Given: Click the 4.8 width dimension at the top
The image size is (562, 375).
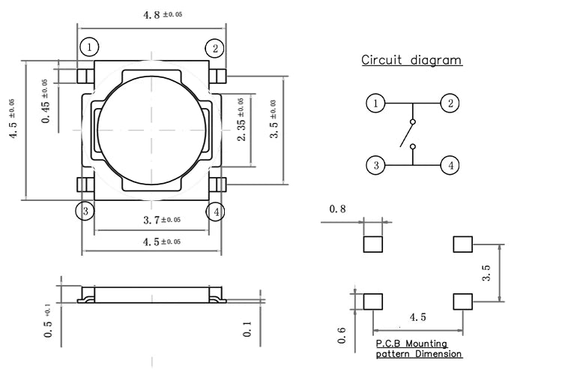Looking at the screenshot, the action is (163, 14).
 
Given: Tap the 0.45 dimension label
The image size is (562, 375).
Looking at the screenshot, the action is (46, 101).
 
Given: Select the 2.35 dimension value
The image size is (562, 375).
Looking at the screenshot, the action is (241, 119).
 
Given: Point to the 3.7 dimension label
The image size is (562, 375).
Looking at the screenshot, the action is (162, 220).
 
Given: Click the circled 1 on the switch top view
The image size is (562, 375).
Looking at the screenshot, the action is (89, 47).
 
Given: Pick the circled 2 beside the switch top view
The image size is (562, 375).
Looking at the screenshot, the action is (215, 48).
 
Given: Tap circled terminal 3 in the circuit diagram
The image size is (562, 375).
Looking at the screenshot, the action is (375, 166).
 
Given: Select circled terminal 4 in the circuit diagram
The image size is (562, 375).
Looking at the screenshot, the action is (450, 166).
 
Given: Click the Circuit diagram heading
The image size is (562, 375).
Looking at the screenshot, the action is (411, 60).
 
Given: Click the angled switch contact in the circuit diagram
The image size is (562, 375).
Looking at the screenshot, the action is (407, 134).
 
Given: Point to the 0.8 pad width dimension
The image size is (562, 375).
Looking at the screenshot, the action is (337, 208).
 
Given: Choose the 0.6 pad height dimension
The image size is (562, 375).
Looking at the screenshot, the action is (342, 335).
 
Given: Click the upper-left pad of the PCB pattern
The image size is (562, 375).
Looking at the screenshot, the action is (372, 244).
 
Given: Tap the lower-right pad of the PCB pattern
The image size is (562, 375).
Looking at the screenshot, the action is (463, 301).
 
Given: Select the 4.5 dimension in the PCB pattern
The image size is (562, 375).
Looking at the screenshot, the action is (418, 317).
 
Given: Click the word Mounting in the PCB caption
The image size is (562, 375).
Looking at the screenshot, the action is (426, 343).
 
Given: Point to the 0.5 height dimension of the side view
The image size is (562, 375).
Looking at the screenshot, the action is (48, 321).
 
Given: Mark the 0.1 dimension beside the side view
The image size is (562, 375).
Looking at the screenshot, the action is (247, 328).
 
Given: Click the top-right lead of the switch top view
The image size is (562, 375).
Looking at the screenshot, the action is (217, 76).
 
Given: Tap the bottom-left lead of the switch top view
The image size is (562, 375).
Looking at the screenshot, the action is (85, 184).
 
